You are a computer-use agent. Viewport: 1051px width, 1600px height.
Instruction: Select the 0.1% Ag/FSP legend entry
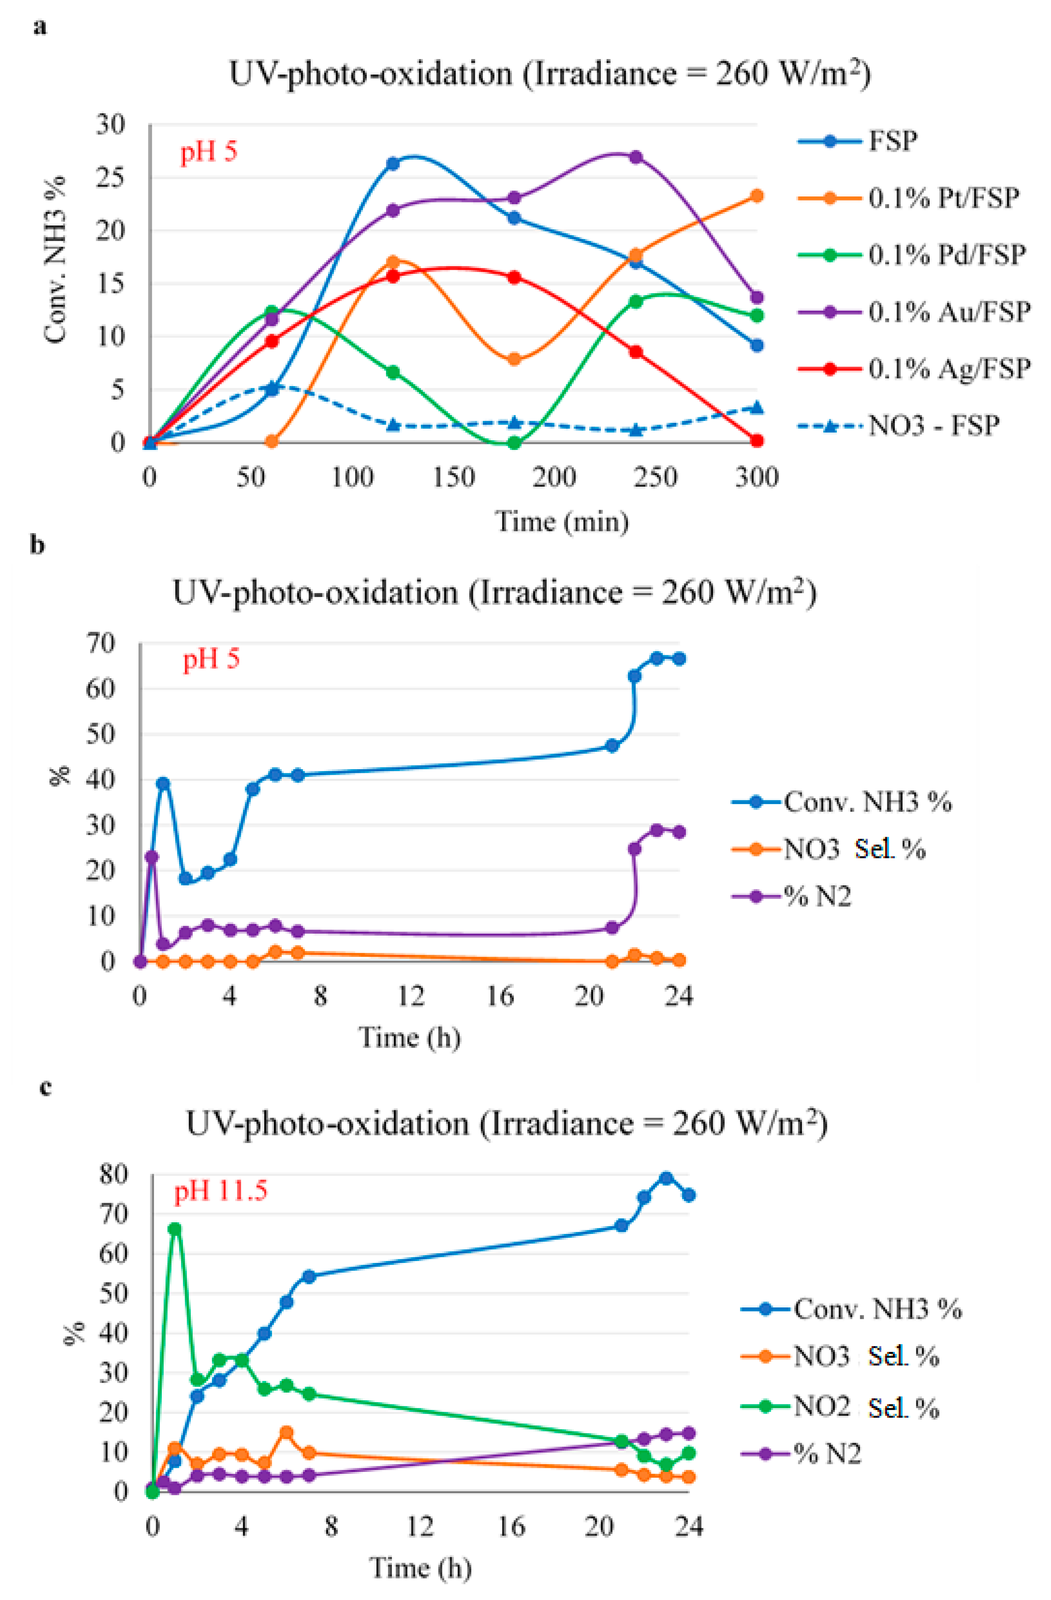pos(947,368)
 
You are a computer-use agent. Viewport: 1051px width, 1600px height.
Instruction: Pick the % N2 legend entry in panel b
pos(816,896)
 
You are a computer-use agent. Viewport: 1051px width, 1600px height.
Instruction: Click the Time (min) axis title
pos(562,521)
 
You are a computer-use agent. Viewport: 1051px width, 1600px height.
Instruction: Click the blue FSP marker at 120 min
pos(393,163)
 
